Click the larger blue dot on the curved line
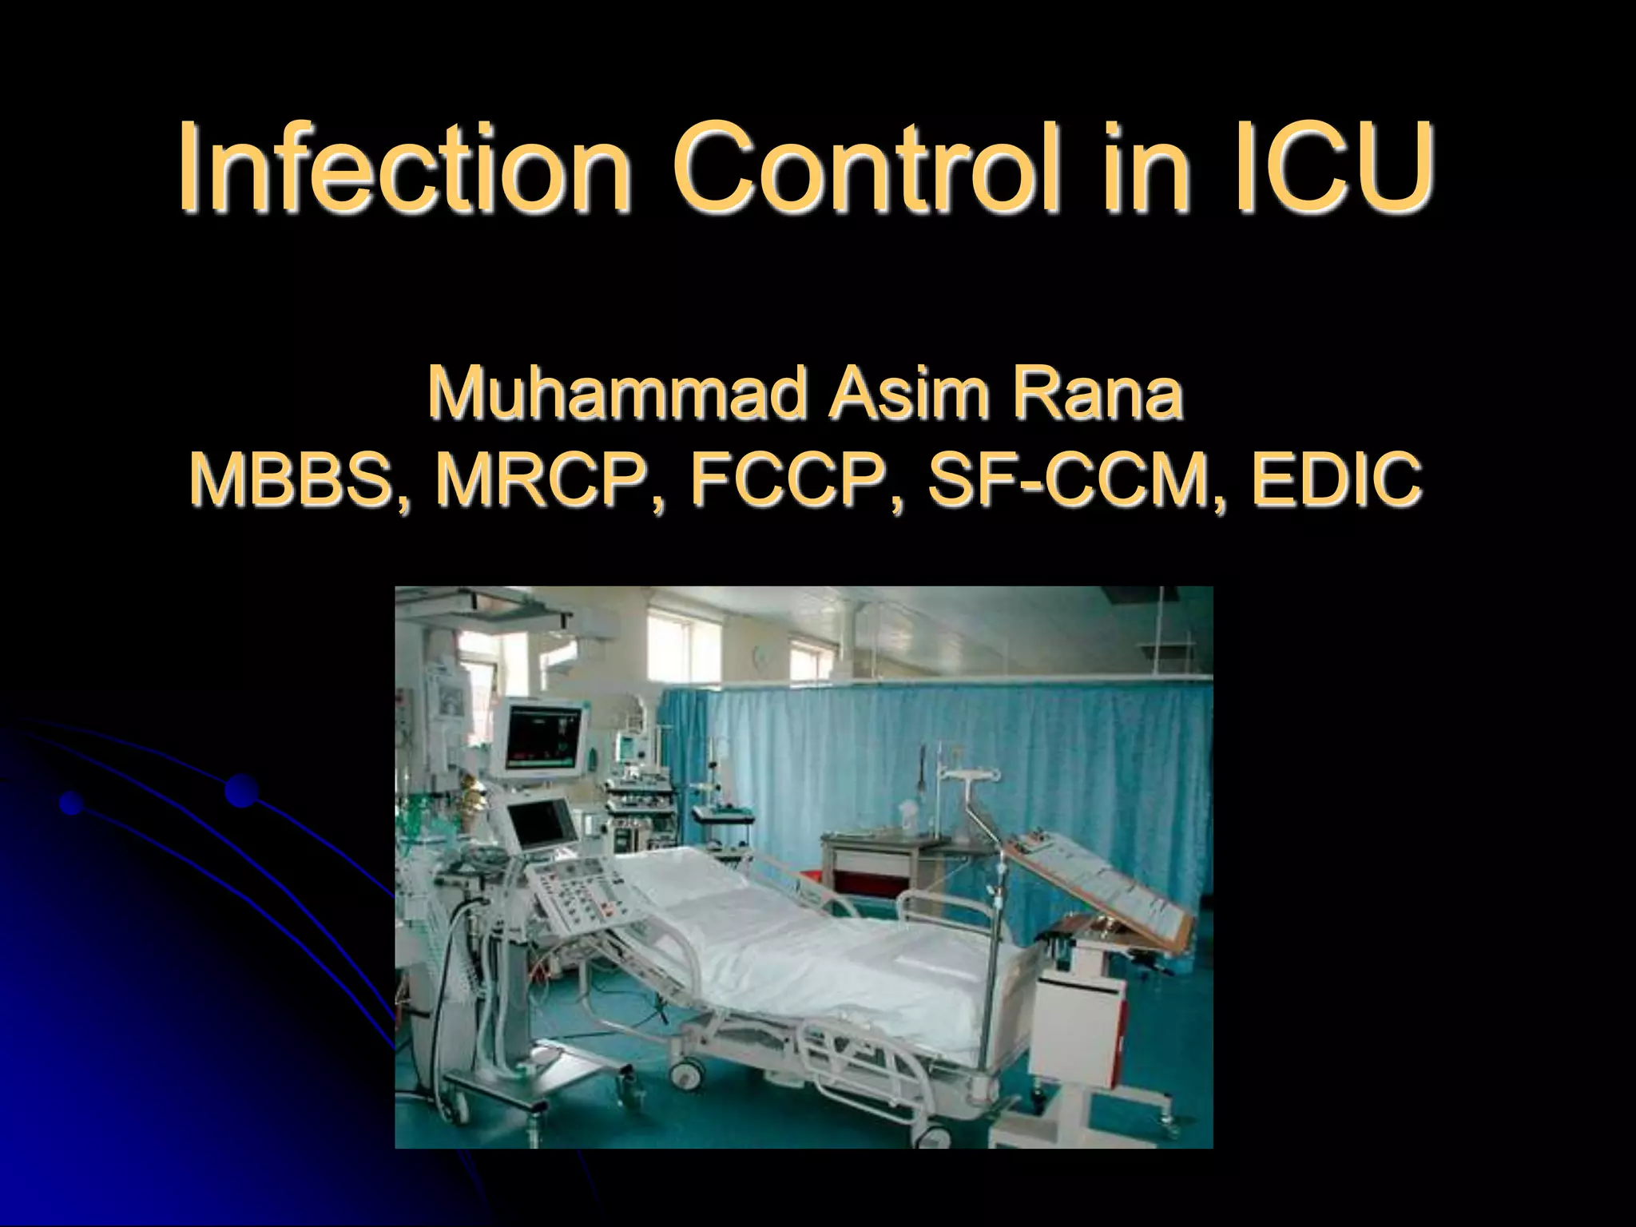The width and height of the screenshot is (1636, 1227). point(241,791)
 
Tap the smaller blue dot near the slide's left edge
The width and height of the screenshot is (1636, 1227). point(72,803)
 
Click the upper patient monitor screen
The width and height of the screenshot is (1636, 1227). point(544,733)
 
